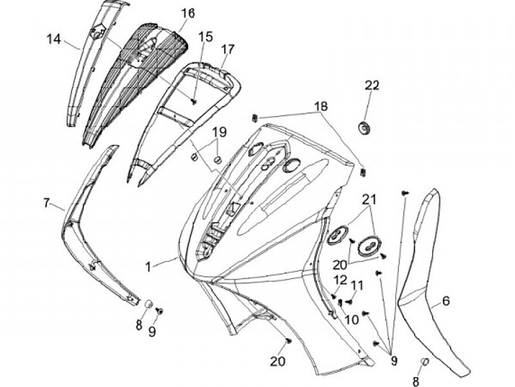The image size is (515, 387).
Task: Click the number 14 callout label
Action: (x=54, y=39)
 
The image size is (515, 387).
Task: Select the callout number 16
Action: (x=187, y=14)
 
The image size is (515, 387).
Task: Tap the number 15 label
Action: (x=205, y=36)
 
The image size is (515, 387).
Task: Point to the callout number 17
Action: (x=227, y=49)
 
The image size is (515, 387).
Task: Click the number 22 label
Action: (x=372, y=85)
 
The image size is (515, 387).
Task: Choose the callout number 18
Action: (x=321, y=106)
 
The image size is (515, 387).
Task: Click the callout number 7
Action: (x=47, y=203)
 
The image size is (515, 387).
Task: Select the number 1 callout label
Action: (x=148, y=266)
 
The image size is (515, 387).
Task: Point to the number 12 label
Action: (x=340, y=279)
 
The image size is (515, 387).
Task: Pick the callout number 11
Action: (x=357, y=285)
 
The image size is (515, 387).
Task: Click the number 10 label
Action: (x=351, y=320)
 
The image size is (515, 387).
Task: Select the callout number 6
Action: (x=446, y=301)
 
